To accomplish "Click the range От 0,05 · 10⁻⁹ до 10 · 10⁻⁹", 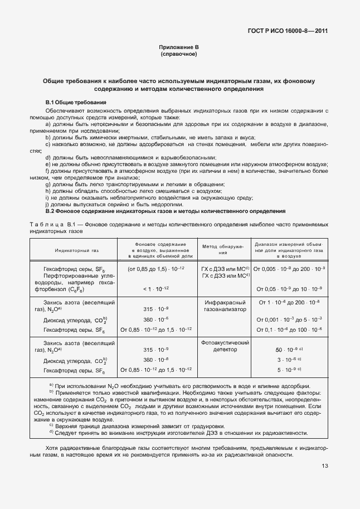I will click(x=290, y=289).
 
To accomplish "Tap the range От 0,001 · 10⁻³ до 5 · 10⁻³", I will click(x=290, y=319).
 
